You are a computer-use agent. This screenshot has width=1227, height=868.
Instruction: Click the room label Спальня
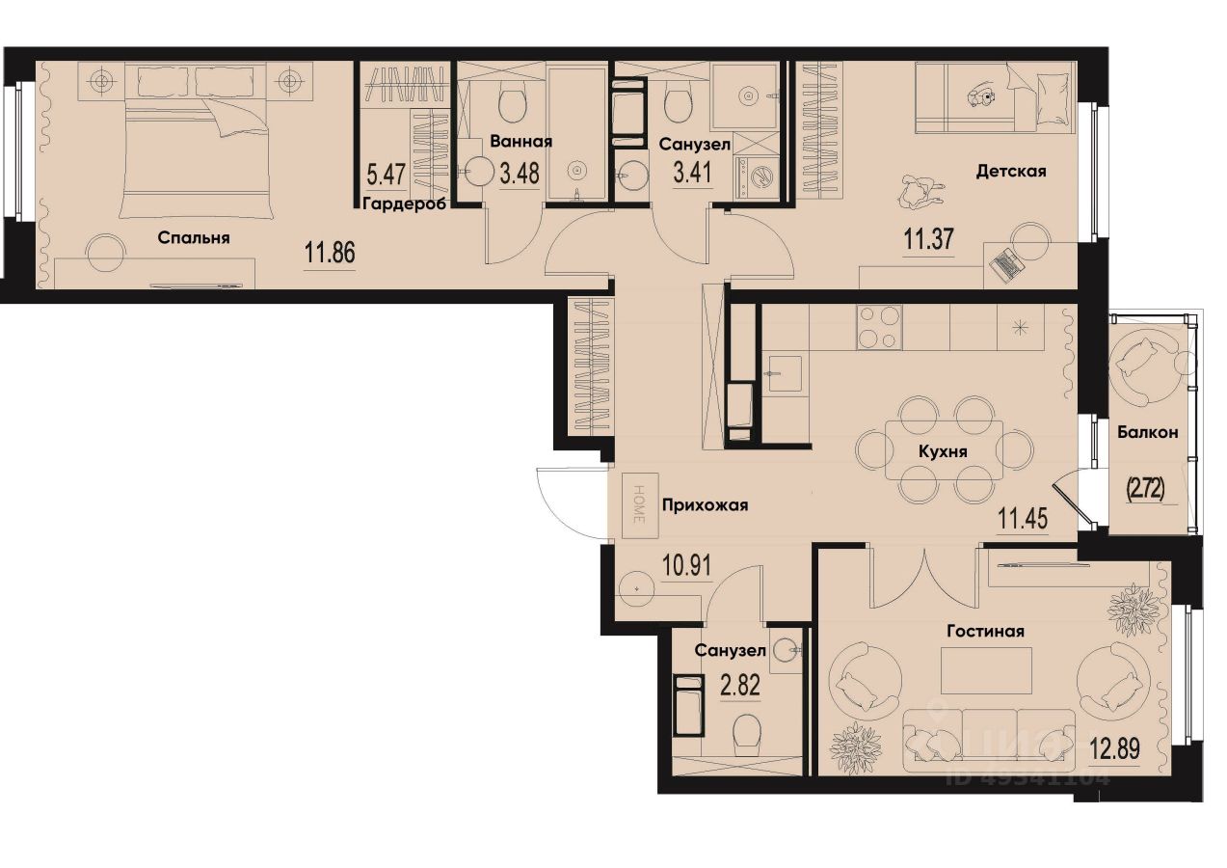tap(194, 237)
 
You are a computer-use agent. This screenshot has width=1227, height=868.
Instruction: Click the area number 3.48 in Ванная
tap(519, 175)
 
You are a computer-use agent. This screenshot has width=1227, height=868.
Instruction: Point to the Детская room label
tap(1011, 172)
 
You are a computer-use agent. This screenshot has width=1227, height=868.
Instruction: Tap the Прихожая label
tap(705, 504)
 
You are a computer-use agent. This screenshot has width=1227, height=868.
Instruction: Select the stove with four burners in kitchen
tap(879, 327)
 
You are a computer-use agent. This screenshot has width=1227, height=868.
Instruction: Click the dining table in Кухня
tap(944, 449)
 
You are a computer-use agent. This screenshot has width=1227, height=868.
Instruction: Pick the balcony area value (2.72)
tap(1145, 489)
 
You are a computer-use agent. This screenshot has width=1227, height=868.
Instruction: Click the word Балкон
tap(1147, 433)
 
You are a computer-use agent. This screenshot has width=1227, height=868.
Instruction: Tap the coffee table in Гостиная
tap(986, 670)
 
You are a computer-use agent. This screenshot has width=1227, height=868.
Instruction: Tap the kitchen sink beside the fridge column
tap(785, 372)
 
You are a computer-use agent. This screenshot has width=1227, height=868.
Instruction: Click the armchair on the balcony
tap(1141, 357)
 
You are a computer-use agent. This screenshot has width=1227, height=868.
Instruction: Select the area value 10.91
tap(687, 565)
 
